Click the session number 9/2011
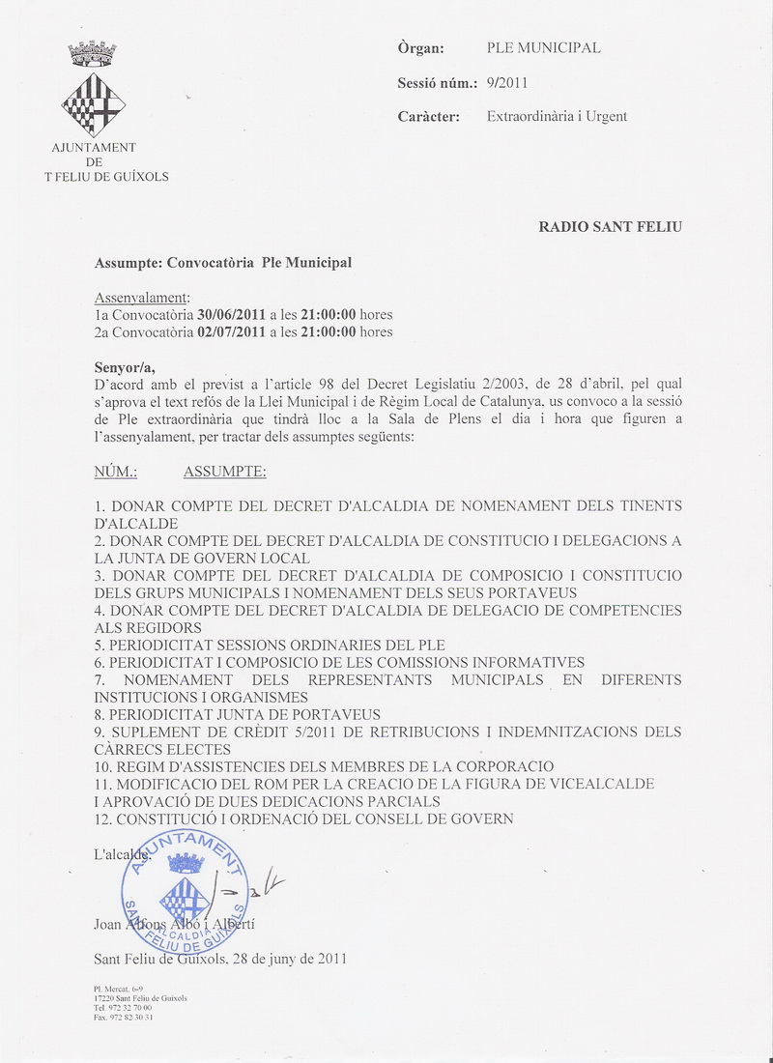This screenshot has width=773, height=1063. point(507,83)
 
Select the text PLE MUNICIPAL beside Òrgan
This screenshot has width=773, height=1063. point(543,48)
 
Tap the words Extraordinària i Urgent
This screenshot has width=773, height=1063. point(557,117)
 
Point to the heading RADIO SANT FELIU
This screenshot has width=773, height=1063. point(610,227)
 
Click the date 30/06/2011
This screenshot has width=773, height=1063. point(231,315)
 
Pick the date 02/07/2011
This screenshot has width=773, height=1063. point(231,332)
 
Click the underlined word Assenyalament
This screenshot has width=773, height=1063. point(142,298)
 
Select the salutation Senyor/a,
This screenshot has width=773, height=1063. point(125,367)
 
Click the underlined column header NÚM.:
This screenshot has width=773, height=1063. point(116,473)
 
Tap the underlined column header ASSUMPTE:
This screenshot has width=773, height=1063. point(224,473)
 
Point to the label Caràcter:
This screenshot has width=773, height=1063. point(434,117)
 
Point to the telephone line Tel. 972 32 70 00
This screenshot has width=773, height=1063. point(123,1007)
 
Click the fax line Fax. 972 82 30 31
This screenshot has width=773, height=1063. point(123,1017)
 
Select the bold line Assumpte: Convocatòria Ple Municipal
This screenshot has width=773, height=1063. point(223,263)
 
